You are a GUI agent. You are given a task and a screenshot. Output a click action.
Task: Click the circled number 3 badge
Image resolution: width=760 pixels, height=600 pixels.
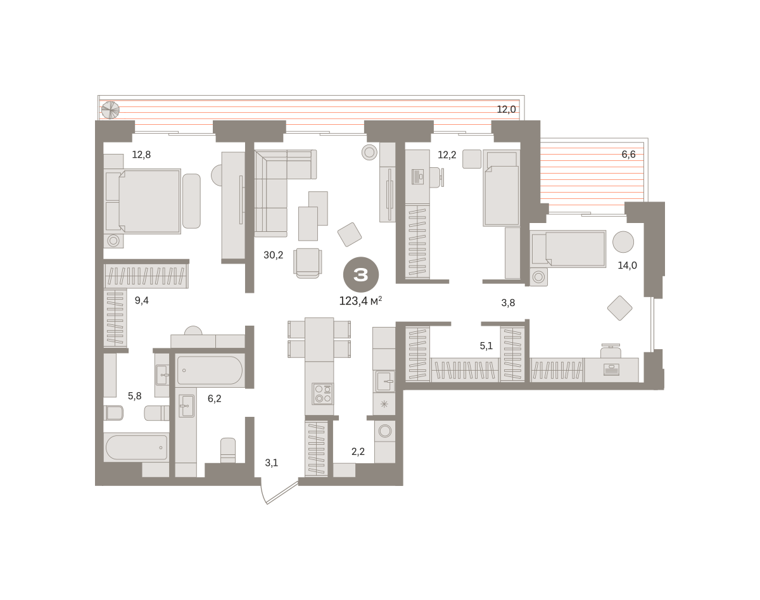click(360, 274)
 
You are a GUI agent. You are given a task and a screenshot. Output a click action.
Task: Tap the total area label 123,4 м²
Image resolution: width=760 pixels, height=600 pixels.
click(360, 301)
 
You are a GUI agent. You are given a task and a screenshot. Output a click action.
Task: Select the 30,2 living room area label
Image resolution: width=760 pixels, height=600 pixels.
click(274, 255)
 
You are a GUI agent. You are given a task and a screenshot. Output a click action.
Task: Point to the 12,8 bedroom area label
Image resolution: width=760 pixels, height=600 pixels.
click(141, 155)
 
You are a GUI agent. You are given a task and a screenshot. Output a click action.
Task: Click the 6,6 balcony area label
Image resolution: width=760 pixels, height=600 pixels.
click(628, 155)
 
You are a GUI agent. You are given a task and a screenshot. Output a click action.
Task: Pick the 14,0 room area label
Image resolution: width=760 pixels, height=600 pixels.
click(627, 265)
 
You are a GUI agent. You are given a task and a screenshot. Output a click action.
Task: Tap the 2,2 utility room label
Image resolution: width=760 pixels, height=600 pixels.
click(358, 451)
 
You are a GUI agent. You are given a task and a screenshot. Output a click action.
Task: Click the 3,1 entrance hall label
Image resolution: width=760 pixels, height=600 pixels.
click(272, 463)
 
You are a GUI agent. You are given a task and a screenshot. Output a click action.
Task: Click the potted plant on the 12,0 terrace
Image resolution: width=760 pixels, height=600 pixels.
click(110, 110)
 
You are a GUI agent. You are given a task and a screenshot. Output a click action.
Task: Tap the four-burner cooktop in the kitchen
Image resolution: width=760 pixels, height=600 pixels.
click(323, 393)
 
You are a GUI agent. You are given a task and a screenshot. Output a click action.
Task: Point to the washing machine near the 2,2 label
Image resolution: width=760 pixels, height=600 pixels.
click(384, 431)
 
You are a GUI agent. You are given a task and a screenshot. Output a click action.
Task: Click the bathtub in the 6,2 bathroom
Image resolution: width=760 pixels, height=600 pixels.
click(210, 370)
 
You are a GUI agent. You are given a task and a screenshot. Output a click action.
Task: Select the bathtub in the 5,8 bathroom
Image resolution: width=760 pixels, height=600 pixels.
click(136, 447)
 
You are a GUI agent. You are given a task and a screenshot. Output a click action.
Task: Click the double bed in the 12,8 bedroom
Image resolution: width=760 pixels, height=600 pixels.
click(142, 201)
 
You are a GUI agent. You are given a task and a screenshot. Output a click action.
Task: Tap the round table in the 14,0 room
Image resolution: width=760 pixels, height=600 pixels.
click(623, 241)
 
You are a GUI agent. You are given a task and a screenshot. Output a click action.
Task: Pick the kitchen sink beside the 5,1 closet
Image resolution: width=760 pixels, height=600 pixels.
click(384, 381)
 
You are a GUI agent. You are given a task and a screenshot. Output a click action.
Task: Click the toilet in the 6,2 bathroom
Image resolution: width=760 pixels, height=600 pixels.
click(228, 450)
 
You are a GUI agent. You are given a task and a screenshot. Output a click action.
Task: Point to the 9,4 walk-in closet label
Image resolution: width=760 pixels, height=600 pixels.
click(142, 300)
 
